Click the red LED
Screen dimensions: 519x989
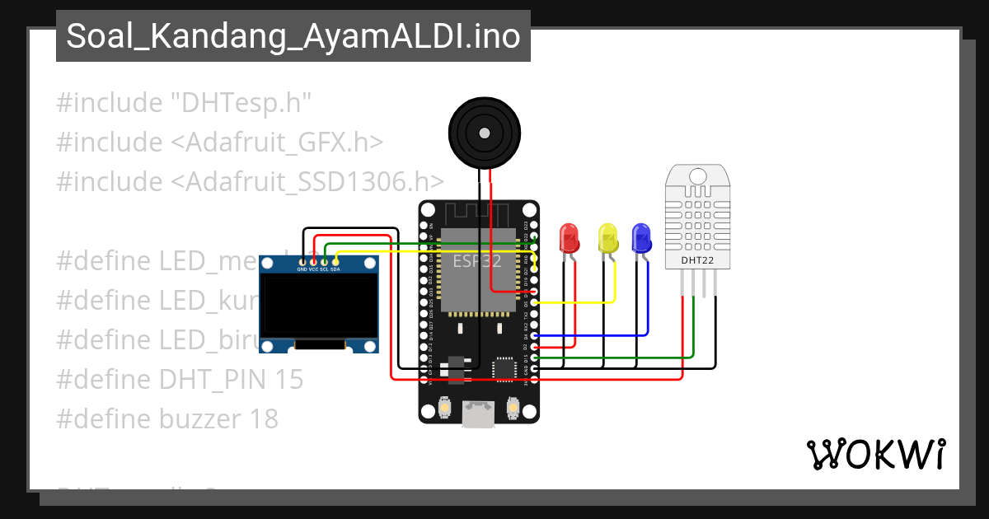[569, 238]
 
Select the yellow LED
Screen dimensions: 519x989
[607, 238]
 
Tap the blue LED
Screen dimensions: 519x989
[641, 238]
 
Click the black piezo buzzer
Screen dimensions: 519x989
[485, 132]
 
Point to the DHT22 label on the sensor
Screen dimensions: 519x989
[697, 261]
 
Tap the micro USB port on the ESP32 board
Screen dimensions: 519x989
[478, 414]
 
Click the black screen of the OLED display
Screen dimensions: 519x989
[320, 306]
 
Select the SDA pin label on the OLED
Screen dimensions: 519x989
[335, 269]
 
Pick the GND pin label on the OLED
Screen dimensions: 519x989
[302, 269]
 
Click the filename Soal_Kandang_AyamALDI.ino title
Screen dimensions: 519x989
[293, 36]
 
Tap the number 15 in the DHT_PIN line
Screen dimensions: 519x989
[288, 379]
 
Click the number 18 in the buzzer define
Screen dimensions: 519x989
[263, 418]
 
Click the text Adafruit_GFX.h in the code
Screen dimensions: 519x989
[277, 142]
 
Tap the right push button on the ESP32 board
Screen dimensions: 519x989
[512, 408]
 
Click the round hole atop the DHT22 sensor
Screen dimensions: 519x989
[697, 175]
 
